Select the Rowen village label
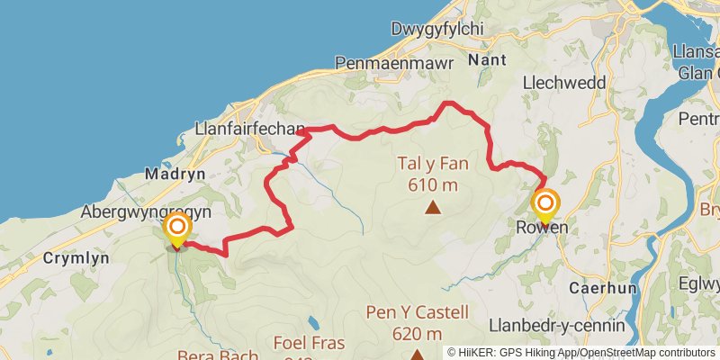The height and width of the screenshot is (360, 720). coord(542,228)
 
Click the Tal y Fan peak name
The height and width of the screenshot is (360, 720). coord(433,165)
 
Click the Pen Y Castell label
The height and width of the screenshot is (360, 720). coord(418,314)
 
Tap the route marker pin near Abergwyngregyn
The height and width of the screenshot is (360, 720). coord(176,228)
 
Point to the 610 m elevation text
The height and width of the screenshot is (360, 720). coord(433,184)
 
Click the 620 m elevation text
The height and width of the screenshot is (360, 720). coord(418,334)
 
